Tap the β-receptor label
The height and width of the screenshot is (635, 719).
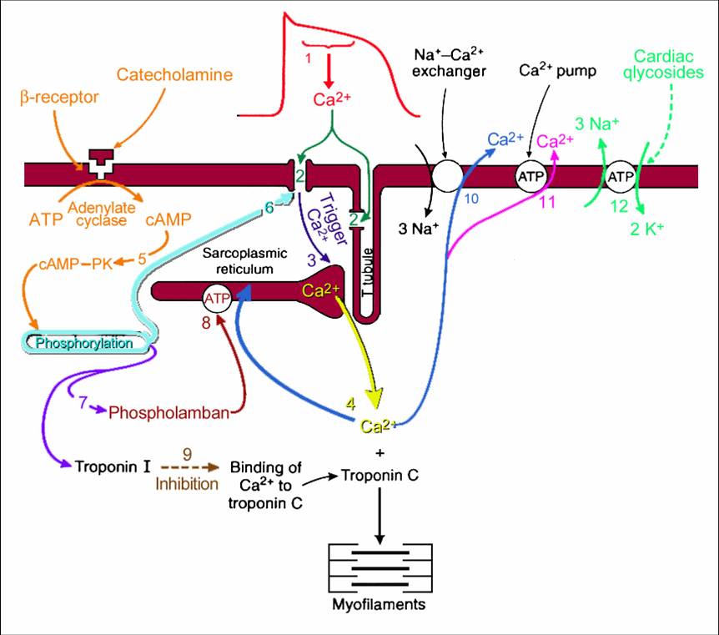pos(59,98)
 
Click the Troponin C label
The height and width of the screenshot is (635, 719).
pos(380,476)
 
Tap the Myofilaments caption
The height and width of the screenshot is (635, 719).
pos(380,603)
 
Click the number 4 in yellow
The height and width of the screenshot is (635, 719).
pos(351,403)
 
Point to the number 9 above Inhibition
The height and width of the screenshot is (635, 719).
pos(187,453)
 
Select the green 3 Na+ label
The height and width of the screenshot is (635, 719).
pos(596,125)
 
